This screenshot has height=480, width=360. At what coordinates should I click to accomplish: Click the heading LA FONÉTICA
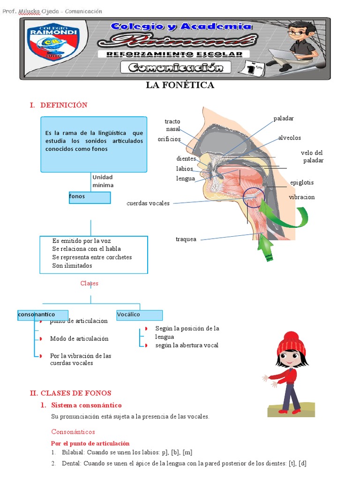(x=180, y=85)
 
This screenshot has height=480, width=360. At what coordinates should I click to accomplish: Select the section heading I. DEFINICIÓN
(x=58, y=105)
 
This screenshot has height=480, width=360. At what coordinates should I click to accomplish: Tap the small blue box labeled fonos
(x=90, y=197)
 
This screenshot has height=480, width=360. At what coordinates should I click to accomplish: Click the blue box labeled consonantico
(x=43, y=315)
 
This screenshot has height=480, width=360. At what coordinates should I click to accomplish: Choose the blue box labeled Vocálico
(x=139, y=315)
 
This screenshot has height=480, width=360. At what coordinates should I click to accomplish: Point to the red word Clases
(x=89, y=283)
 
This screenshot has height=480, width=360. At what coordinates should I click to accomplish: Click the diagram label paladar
(x=284, y=118)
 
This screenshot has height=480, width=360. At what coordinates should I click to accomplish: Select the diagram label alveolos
(x=290, y=138)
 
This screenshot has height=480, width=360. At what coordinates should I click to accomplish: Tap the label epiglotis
(x=302, y=182)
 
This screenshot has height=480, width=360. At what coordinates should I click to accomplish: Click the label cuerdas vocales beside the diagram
(x=148, y=203)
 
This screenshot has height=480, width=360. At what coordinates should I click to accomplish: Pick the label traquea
(x=186, y=239)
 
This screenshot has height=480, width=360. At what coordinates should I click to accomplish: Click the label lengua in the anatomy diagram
(x=186, y=178)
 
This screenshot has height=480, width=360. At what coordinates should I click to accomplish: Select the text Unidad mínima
(x=103, y=181)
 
